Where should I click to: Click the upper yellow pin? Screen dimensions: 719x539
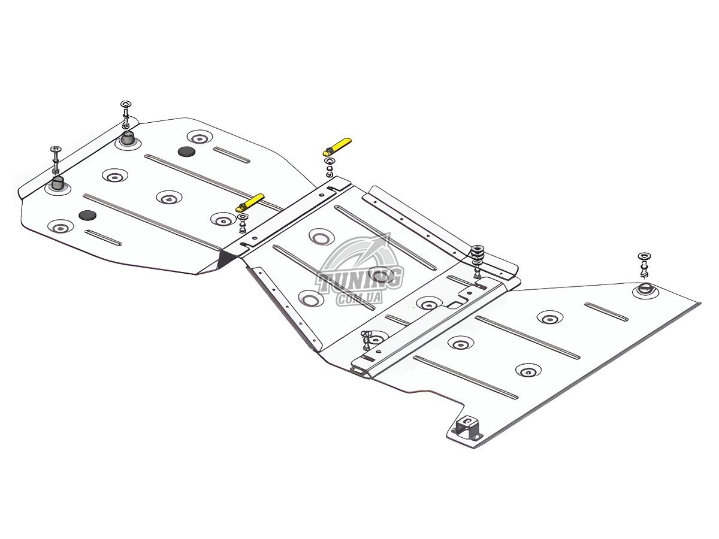pyautogui.click(x=337, y=147)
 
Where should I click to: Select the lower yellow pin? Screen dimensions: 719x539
pyautogui.click(x=250, y=202)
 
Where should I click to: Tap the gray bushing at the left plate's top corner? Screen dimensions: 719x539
pyautogui.click(x=128, y=139)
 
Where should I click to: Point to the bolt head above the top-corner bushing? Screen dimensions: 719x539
pyautogui.click(x=126, y=105)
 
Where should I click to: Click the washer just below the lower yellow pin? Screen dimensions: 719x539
pyautogui.click(x=243, y=217)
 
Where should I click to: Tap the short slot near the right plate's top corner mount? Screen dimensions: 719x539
pyautogui.click(x=606, y=311)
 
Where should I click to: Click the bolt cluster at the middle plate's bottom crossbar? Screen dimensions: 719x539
pyautogui.click(x=367, y=340)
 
